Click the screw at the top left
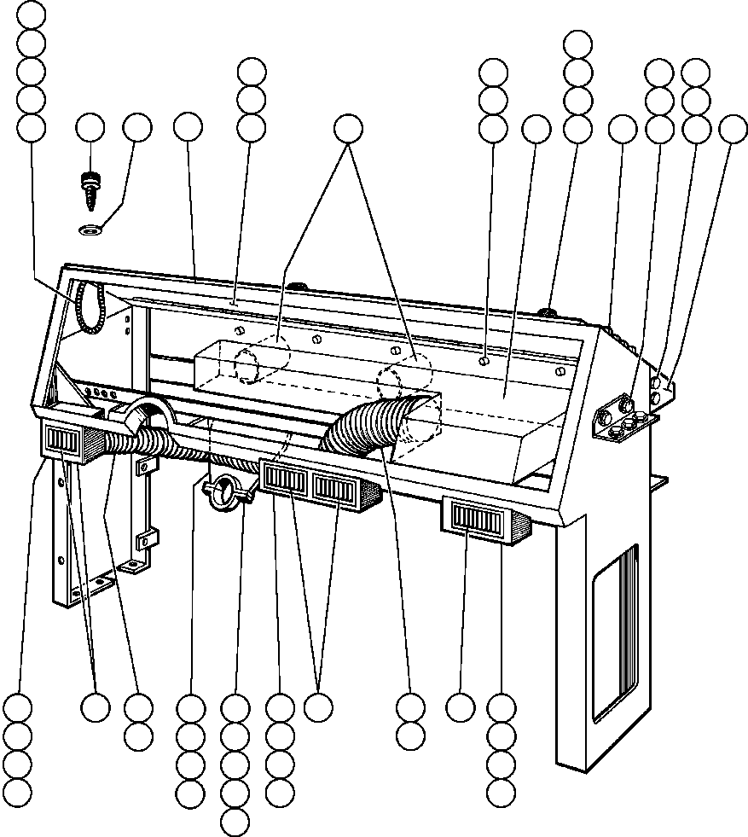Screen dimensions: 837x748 click(x=90, y=187)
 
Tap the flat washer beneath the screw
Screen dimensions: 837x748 click(x=90, y=229)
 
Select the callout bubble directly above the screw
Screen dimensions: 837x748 click(x=90, y=128)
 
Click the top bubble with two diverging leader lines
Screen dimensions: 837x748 click(x=347, y=128)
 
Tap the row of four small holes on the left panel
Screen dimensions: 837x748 click(x=100, y=394)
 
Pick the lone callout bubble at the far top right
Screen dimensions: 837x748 click(x=732, y=128)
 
